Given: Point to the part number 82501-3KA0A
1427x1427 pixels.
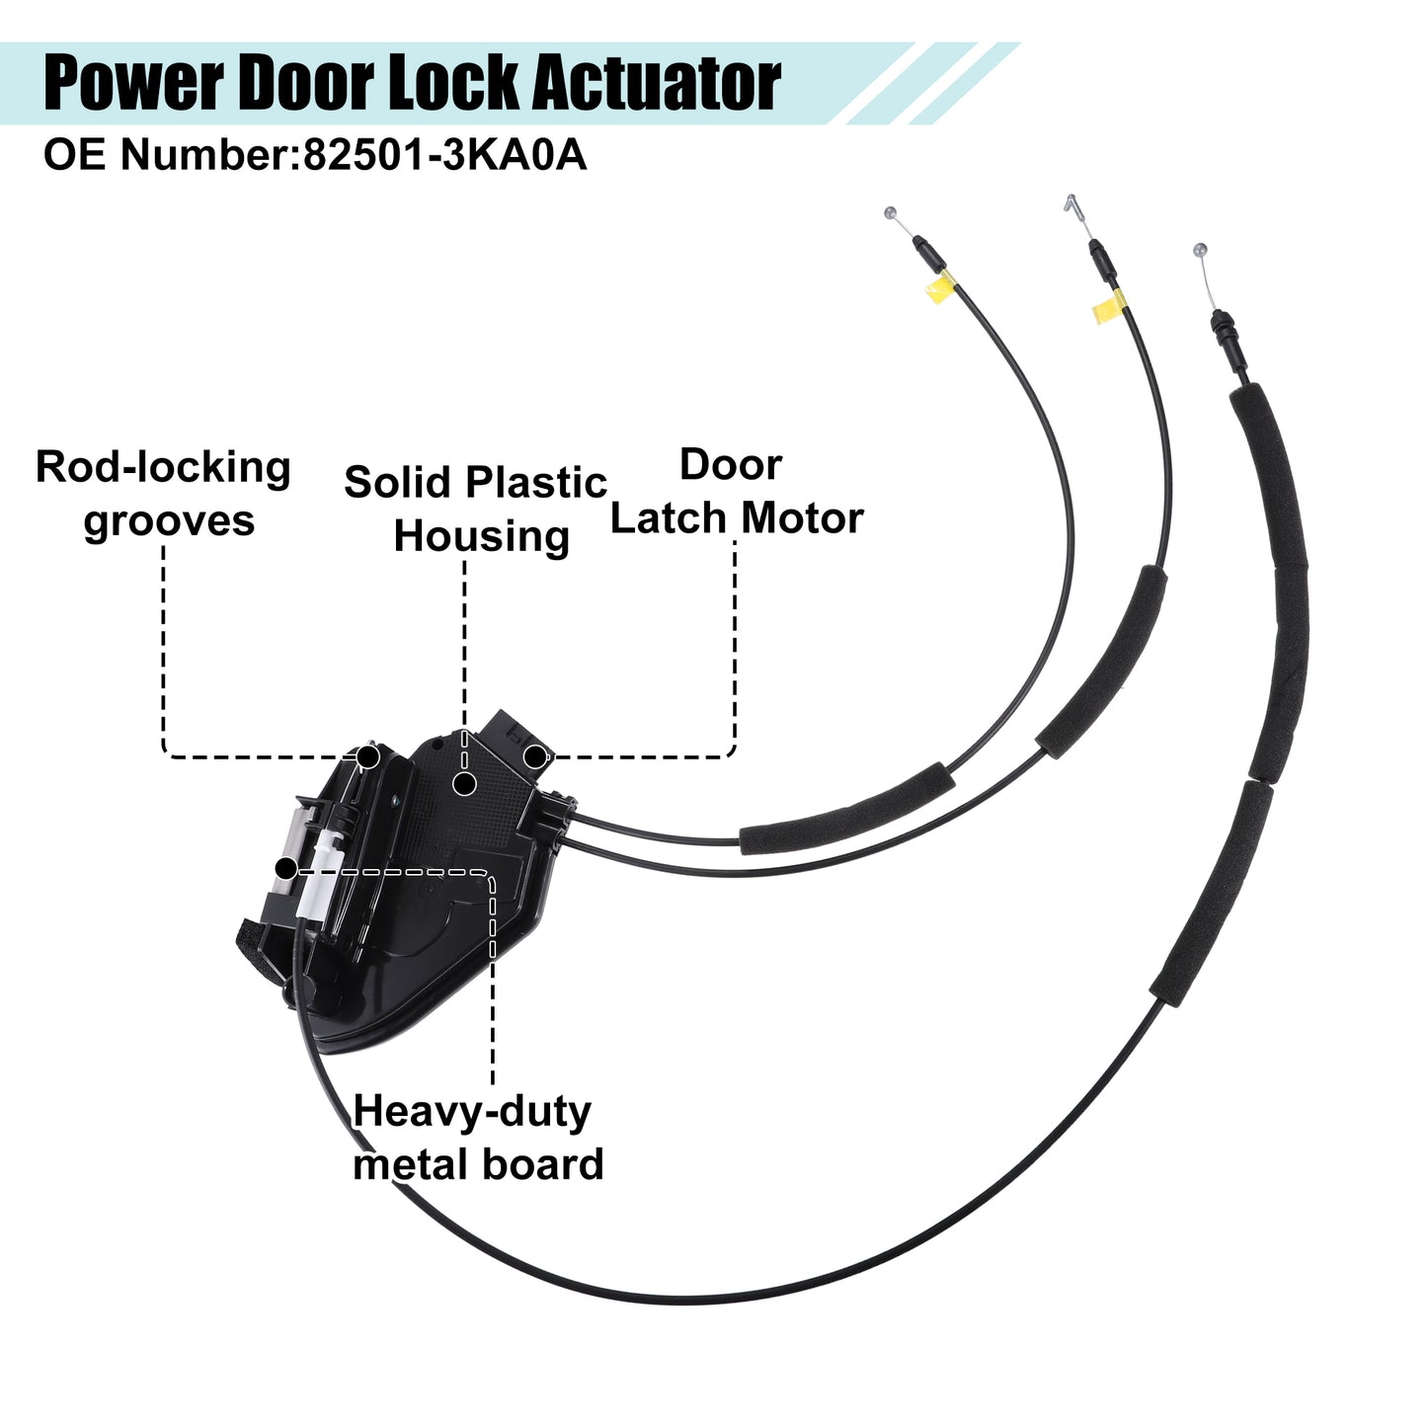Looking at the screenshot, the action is (444, 155).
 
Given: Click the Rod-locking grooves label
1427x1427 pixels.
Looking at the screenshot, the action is (164, 494).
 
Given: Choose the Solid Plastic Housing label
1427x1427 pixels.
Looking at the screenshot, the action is (475, 510).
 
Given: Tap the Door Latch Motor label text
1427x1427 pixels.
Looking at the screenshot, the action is (736, 491).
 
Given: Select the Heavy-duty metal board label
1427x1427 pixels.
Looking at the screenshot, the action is (478, 1138).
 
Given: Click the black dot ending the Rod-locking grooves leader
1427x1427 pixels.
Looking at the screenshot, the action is (368, 756).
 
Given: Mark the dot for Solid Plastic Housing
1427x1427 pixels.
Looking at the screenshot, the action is (464, 783).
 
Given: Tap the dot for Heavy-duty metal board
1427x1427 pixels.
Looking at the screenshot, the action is (285, 868).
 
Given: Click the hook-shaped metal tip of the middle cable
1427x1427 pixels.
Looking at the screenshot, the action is (1071, 203).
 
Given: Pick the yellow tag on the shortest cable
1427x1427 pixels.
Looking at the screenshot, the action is (939, 287).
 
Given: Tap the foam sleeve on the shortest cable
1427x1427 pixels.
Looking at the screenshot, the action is (846, 810).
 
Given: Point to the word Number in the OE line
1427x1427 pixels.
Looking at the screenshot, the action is (208, 155).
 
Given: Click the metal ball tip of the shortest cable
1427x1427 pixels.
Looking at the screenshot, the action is (890, 213).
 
